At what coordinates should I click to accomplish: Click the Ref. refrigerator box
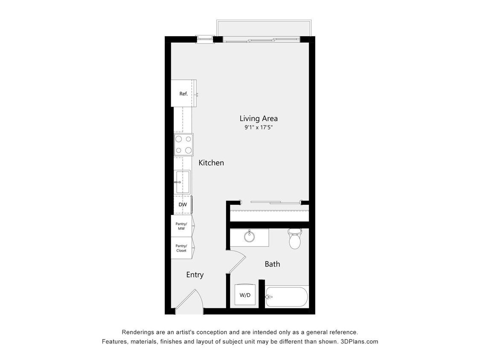[x=183, y=93]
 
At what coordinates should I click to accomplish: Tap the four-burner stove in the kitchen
[x=183, y=145]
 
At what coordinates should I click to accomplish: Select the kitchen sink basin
[x=183, y=182]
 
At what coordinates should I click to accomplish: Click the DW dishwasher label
[x=183, y=205]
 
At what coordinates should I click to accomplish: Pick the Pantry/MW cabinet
[x=181, y=226]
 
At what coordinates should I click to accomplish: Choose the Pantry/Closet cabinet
[x=181, y=248]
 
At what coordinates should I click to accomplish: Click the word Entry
[x=195, y=275]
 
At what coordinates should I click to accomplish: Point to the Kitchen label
[x=211, y=163]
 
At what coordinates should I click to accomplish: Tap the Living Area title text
[x=259, y=119]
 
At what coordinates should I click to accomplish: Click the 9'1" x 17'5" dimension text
[x=259, y=127]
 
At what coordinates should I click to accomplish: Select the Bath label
[x=272, y=264]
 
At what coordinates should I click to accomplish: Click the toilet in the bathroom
[x=295, y=239]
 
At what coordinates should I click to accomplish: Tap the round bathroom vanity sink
[x=250, y=236]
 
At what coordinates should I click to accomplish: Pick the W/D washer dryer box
[x=245, y=295]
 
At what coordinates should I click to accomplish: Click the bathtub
[x=286, y=297]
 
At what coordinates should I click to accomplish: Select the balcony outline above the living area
[x=263, y=28]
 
